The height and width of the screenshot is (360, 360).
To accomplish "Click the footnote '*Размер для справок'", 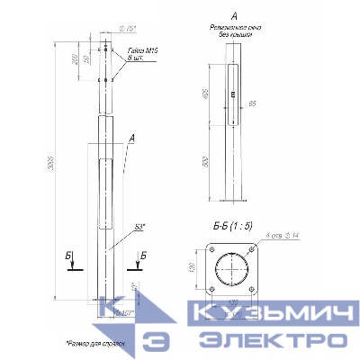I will point(94,343).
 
